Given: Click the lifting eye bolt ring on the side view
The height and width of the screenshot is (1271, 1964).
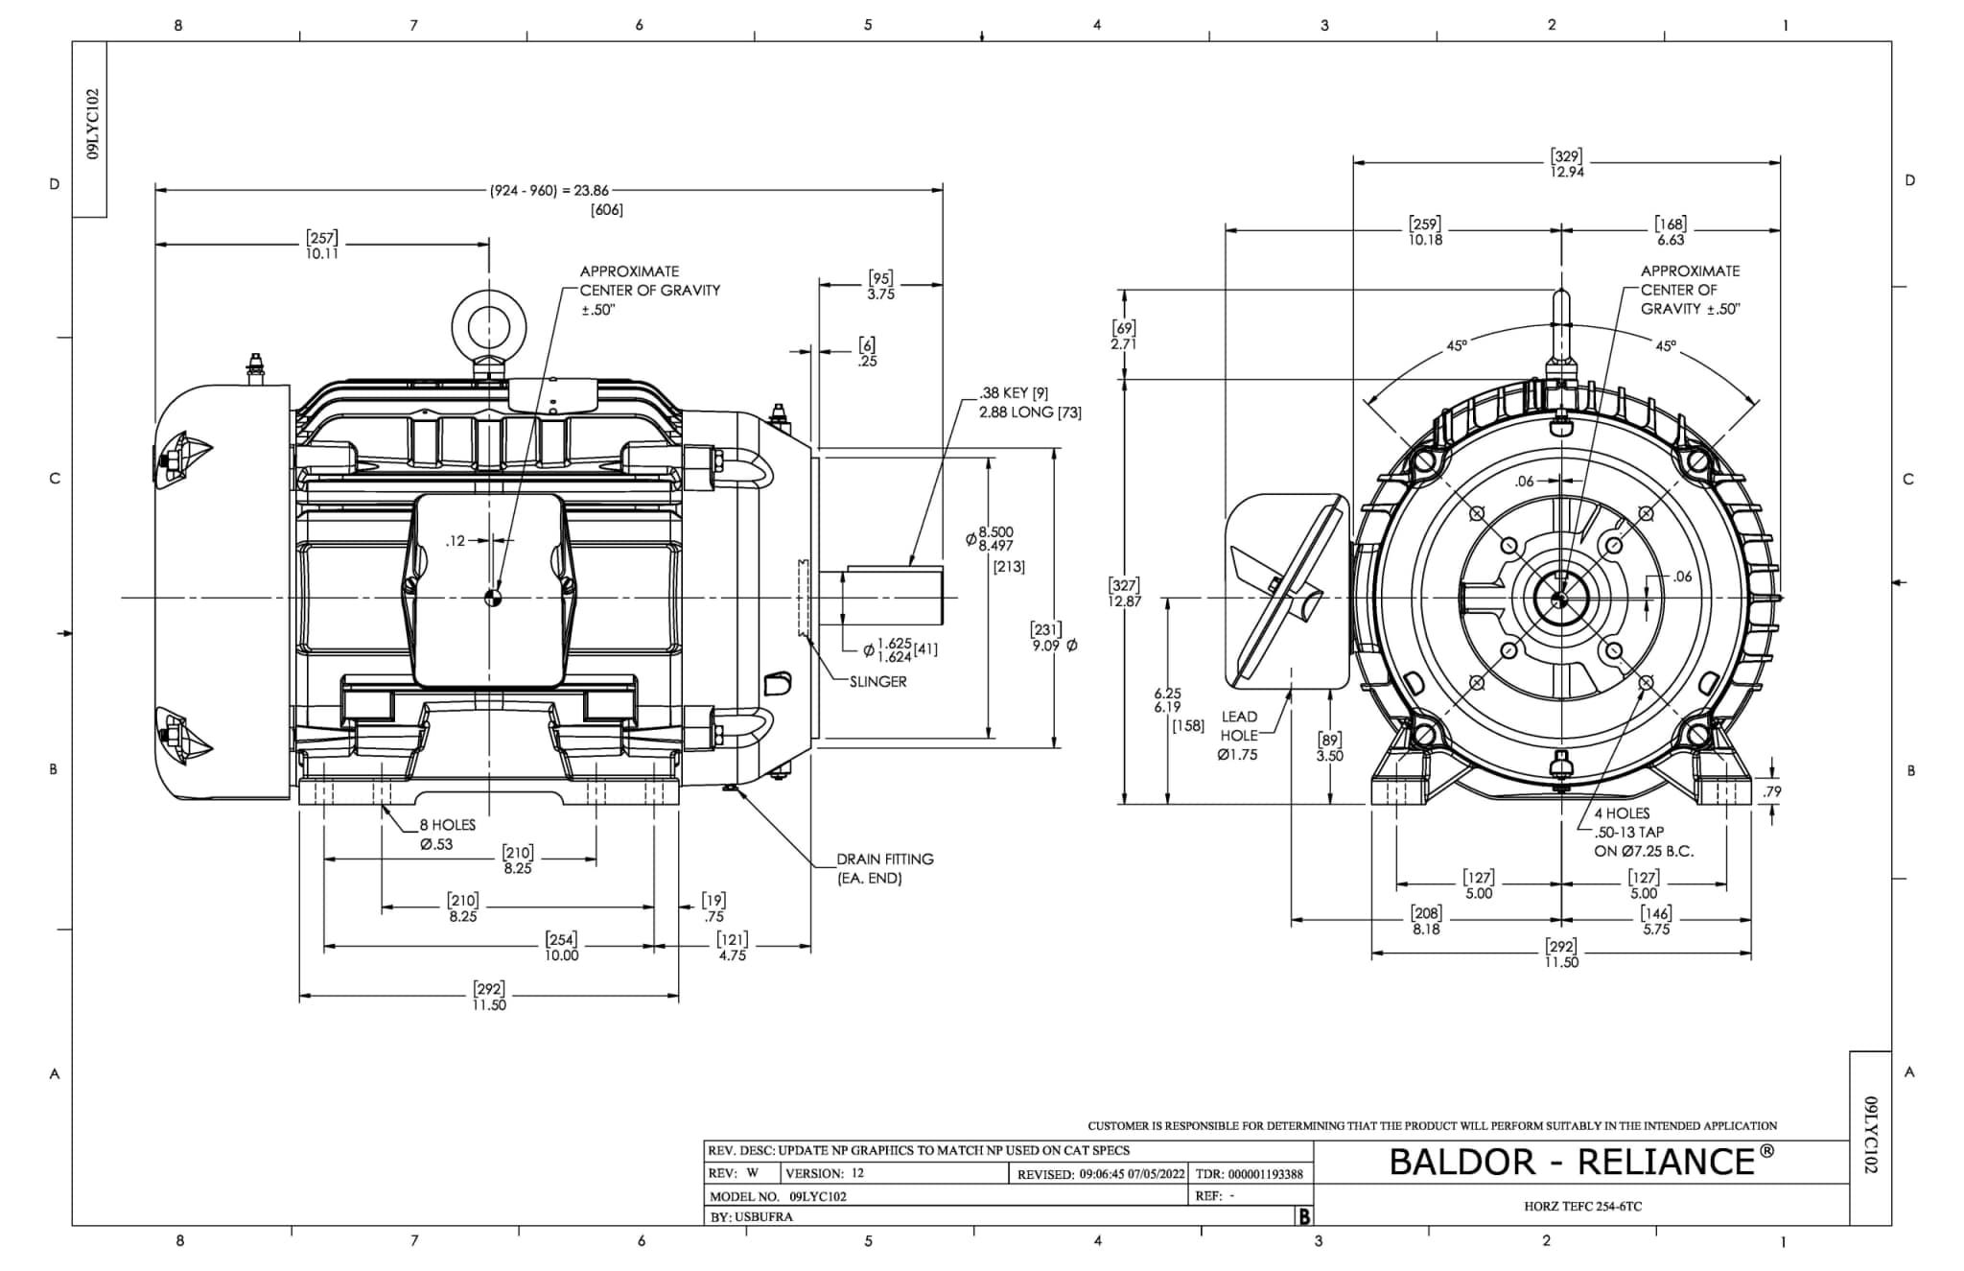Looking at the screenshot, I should pyautogui.click(x=489, y=321).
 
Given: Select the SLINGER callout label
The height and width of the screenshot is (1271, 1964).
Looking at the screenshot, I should pyautogui.click(x=877, y=681).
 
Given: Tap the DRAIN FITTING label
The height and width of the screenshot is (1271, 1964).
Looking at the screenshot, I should pyautogui.click(x=884, y=859).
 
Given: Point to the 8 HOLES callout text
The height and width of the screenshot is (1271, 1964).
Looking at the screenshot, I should pyautogui.click(x=447, y=825).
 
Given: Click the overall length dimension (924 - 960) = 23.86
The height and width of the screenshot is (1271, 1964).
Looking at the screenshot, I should pyautogui.click(x=549, y=191).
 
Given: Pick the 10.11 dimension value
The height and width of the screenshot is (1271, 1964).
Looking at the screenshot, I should pyautogui.click(x=322, y=254).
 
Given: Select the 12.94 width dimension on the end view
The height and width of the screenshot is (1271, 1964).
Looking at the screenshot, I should pyautogui.click(x=1566, y=172).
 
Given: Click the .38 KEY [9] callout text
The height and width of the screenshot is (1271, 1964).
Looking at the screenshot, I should pyautogui.click(x=1013, y=393).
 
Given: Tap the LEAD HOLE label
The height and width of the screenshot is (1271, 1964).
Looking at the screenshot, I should pyautogui.click(x=1239, y=726).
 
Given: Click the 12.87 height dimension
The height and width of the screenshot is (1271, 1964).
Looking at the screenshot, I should pyautogui.click(x=1125, y=600).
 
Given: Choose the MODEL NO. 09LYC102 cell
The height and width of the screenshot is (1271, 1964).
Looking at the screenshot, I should pyautogui.click(x=778, y=1196).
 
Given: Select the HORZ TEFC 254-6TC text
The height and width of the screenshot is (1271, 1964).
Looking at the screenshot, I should pyautogui.click(x=1582, y=1206).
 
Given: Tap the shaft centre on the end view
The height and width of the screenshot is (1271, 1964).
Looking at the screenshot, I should pyautogui.click(x=1559, y=600).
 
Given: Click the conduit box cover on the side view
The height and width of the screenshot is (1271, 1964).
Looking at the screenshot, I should pyautogui.click(x=488, y=590).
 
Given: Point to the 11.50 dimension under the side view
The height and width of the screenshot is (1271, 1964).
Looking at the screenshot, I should pyautogui.click(x=489, y=1004).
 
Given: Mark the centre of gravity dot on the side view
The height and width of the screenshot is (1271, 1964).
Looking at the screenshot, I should pyautogui.click(x=493, y=599).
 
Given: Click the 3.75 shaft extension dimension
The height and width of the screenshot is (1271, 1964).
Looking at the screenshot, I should pyautogui.click(x=880, y=294).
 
